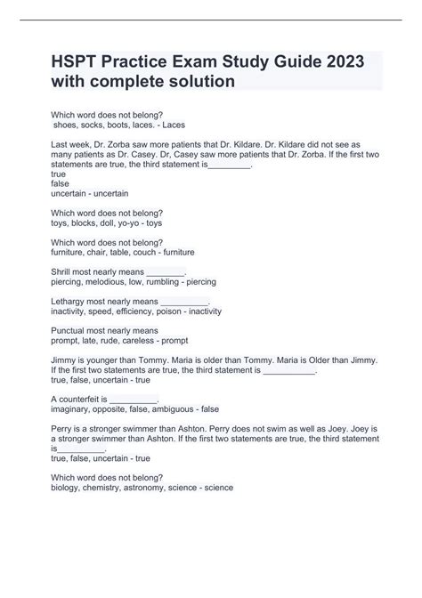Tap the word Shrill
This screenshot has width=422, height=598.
tap(67, 271)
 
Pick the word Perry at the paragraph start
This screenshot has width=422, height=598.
tap(65, 428)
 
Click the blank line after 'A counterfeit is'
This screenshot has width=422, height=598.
tap(134, 398)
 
